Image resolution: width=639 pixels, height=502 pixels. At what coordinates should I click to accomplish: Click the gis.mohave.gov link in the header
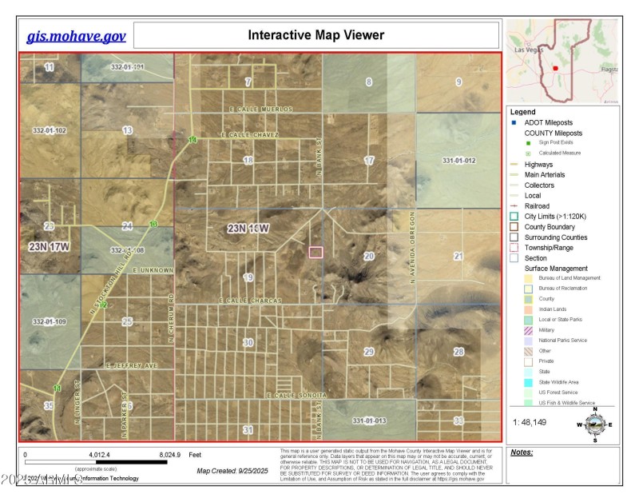point(77,36)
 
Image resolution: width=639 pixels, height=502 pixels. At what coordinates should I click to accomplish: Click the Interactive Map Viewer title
point(316,35)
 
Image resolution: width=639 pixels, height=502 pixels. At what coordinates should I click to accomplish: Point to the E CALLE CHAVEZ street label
point(254,135)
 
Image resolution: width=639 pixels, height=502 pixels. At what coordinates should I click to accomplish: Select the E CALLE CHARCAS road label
point(250,301)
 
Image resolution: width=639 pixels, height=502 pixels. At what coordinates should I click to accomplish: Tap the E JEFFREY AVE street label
point(133,366)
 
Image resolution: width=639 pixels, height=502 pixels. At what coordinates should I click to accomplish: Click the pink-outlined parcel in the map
point(316,252)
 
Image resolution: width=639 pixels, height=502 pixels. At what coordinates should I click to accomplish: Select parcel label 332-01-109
point(50,321)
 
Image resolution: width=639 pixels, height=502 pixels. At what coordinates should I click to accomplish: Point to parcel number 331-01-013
point(369,420)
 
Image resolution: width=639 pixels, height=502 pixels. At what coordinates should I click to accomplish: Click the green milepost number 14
point(192,141)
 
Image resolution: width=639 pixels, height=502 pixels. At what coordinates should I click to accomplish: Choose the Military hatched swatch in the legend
point(528,330)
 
